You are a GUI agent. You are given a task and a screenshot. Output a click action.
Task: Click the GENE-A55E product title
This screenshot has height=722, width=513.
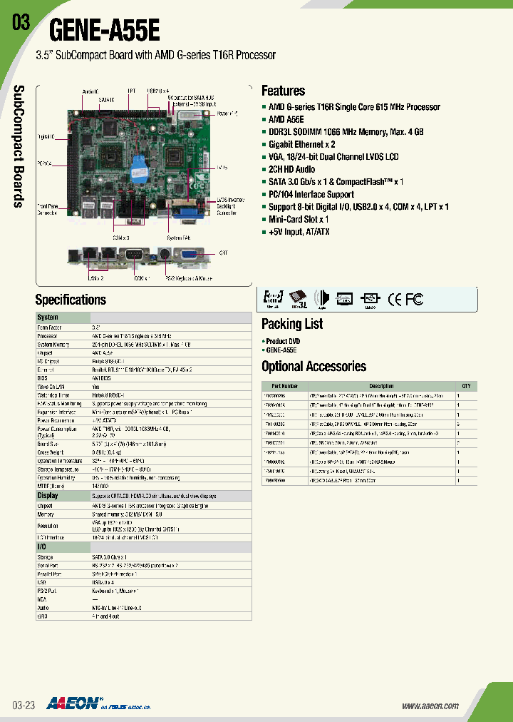[x=105, y=31]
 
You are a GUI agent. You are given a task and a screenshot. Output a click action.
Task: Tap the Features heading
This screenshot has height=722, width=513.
[x=283, y=91]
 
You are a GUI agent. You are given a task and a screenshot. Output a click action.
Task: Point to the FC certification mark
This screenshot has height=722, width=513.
[x=414, y=299]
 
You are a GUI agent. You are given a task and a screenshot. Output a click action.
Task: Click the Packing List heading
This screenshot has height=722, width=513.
[x=292, y=324]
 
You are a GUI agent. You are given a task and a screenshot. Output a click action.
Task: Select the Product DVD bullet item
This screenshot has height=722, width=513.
[x=284, y=341]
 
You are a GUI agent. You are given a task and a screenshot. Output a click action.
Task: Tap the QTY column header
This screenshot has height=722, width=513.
[x=466, y=386]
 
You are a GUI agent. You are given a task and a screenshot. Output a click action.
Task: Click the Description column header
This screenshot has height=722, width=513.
[x=381, y=386]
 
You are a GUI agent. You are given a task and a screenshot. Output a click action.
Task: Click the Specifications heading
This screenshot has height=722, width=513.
[x=71, y=300]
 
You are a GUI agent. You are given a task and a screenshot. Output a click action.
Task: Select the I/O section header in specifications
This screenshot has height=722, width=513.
[x=43, y=546]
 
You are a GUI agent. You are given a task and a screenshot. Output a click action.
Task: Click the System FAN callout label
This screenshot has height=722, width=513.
[x=177, y=237]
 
